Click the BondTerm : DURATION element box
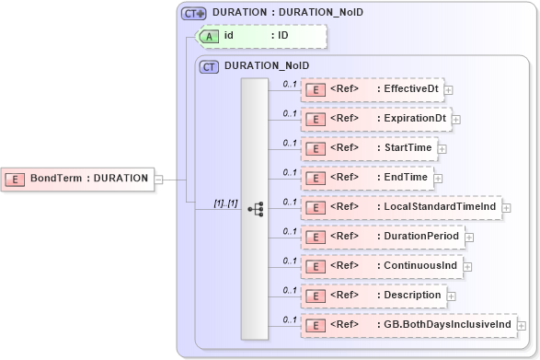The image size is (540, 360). coord(78,179)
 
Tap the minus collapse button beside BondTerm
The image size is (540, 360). coord(158,180)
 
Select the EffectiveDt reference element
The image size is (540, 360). coord(373,89)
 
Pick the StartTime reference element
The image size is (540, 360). coord(368,147)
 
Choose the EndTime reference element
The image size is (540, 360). coord(366,177)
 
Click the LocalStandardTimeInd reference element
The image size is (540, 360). coord(400,207)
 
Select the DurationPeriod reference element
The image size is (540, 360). coord(382,237)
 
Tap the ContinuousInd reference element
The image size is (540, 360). coord(380,266)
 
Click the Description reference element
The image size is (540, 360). coord(373,296)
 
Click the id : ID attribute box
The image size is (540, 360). coord(261,36)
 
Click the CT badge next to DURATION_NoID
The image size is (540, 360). coord(210,66)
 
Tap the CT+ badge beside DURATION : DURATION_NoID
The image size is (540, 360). coord(193,13)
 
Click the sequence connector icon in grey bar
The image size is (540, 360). coord(255,209)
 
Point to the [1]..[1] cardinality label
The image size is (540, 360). coord(225,203)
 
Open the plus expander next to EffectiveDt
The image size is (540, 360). coord(448,90)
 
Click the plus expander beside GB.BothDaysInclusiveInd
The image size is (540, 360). coord(522,326)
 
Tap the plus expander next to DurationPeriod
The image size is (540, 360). coord(469,238)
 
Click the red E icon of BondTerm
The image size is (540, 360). coord(16,179)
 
